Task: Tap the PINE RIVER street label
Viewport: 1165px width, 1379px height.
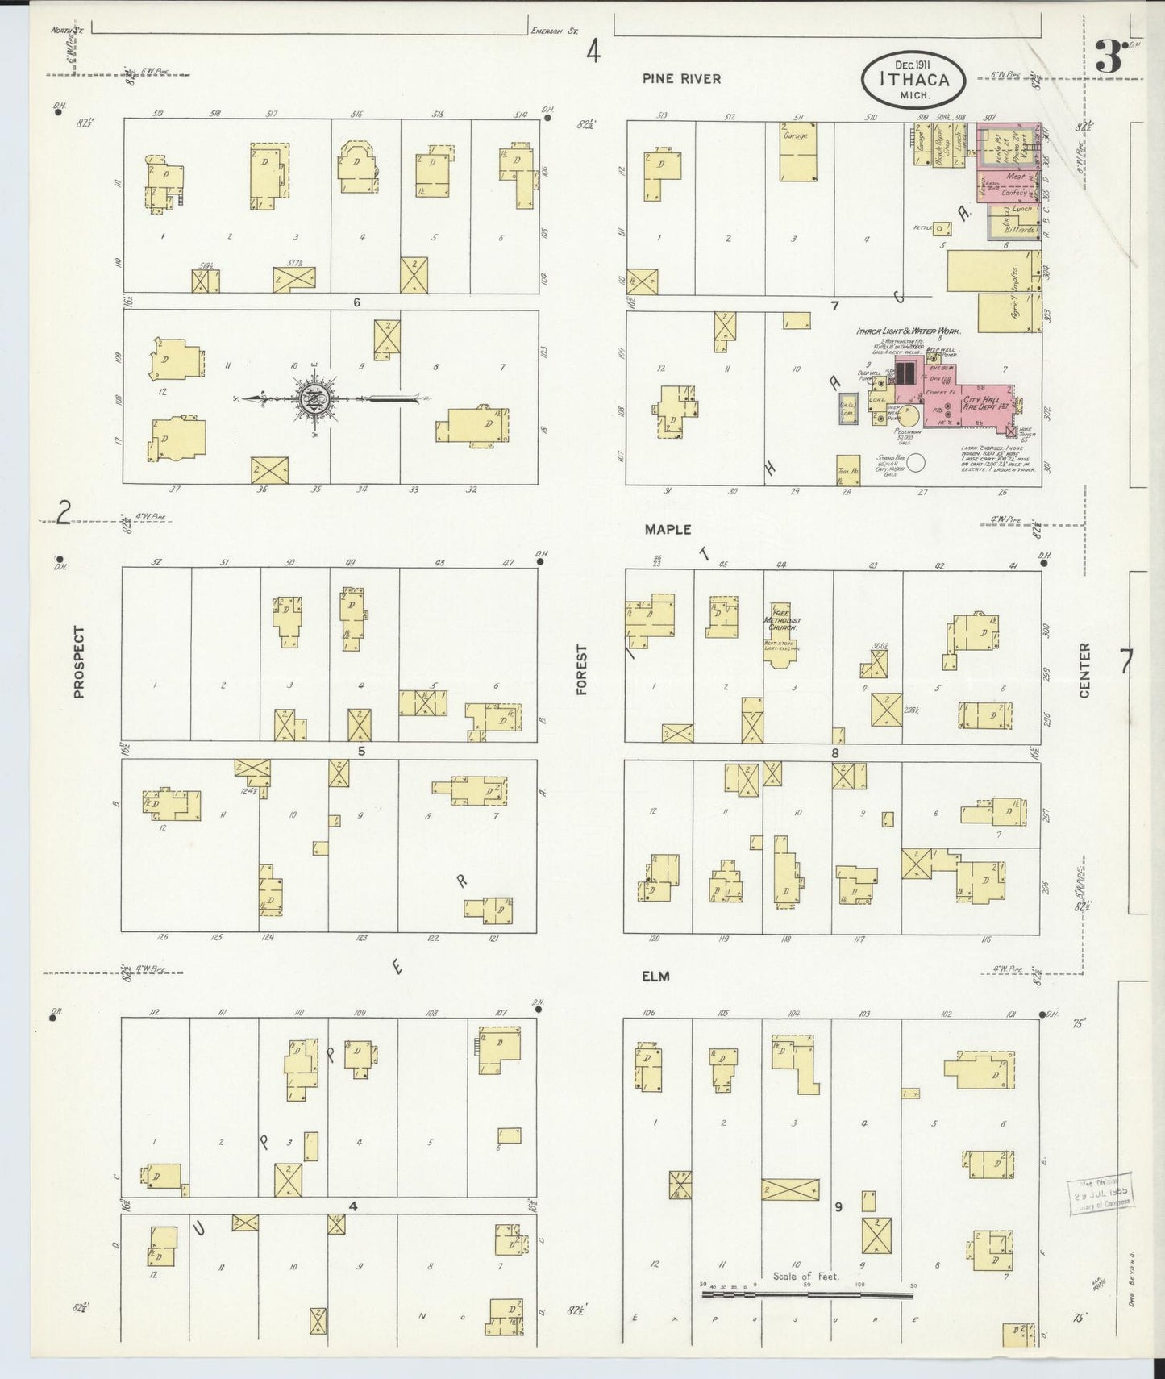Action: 681,79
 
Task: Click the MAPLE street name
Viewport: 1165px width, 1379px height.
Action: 668,529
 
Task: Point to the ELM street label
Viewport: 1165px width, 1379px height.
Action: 656,977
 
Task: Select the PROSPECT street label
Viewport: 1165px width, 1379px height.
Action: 79,660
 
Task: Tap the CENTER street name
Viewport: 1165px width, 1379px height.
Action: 1084,670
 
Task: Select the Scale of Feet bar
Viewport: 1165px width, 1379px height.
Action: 808,1294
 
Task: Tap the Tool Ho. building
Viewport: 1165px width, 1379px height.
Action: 846,472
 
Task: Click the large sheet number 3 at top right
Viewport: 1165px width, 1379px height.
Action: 1109,59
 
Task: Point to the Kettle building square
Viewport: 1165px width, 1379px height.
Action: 940,228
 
